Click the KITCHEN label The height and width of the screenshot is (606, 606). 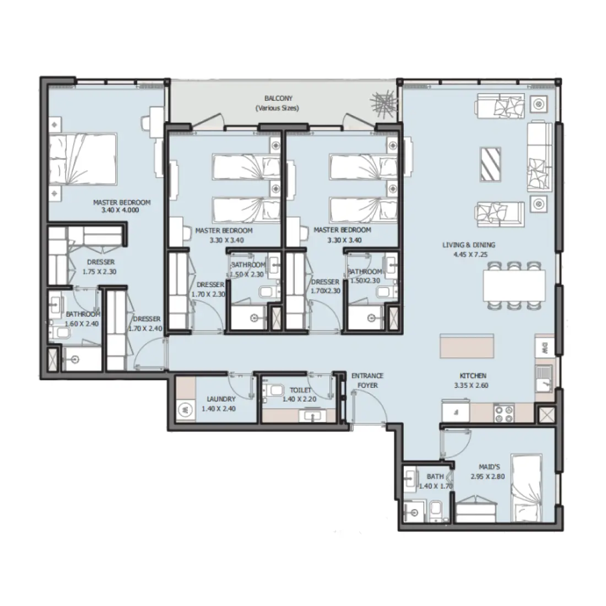470,376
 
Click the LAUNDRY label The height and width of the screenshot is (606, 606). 221,399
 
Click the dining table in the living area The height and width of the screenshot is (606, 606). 513,285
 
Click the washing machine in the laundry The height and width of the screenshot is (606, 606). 185,409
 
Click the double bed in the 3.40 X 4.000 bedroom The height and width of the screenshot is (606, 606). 83,160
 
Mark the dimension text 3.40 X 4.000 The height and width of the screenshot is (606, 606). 122,211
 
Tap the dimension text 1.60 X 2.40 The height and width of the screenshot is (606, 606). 82,324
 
